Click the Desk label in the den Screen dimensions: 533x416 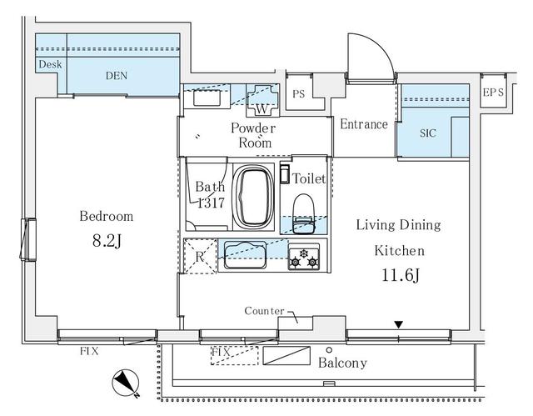click(x=50, y=64)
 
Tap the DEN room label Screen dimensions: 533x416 click(x=117, y=76)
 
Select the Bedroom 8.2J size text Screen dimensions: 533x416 click(x=107, y=241)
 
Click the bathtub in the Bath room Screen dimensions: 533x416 click(x=254, y=196)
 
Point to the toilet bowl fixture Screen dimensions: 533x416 click(x=303, y=213)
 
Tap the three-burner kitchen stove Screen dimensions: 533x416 click(x=303, y=257)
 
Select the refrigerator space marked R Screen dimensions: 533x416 click(x=200, y=256)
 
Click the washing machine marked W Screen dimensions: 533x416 click(x=262, y=101)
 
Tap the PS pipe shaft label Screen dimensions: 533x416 click(x=299, y=93)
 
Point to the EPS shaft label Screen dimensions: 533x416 click(x=493, y=93)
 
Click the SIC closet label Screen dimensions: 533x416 click(x=427, y=133)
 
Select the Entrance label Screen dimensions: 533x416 click(x=364, y=124)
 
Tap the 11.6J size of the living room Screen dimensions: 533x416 click(x=400, y=275)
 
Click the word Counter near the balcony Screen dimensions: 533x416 click(x=264, y=311)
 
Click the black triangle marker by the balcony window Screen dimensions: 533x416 click(x=399, y=324)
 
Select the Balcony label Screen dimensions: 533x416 click(x=342, y=363)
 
